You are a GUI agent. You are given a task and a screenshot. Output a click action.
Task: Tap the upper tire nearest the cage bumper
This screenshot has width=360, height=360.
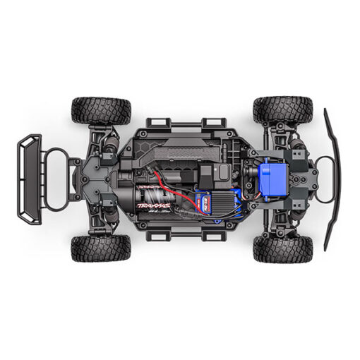[x=101, y=111]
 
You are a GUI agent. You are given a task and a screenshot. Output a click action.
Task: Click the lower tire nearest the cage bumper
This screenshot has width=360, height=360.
[x=101, y=248]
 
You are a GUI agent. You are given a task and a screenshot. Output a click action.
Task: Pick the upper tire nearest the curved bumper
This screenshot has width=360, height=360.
[x=282, y=110]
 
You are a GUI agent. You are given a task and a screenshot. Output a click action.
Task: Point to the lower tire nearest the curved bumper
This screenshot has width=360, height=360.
[x=282, y=248]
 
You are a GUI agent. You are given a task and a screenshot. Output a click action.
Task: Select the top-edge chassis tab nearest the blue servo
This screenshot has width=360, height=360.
[x=211, y=123]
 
